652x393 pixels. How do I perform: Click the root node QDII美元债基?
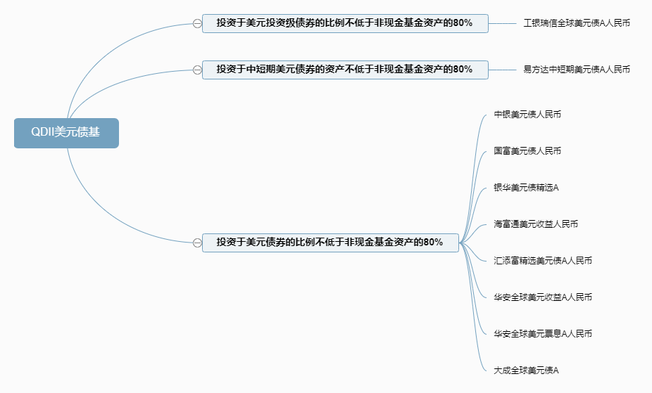pos(66,133)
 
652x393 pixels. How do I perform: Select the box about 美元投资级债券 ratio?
pos(345,23)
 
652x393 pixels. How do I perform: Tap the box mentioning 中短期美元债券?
pos(345,70)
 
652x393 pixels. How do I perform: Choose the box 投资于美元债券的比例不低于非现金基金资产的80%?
pos(330,243)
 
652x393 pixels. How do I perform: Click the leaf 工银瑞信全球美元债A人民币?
pos(577,23)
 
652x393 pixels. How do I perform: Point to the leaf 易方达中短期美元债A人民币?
pos(577,70)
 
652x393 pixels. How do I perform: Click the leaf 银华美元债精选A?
pos(526,188)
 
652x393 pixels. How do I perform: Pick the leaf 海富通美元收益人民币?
pos(536,224)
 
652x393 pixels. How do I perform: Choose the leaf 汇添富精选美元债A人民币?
pos(543,261)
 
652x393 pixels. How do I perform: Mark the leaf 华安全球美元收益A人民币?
pos(543,297)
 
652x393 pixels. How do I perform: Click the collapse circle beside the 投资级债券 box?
pos(197,23)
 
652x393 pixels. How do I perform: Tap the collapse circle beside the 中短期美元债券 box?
pos(197,70)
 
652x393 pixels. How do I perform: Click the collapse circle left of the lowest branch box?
pos(197,243)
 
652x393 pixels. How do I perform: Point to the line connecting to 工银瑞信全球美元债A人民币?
pos(503,23)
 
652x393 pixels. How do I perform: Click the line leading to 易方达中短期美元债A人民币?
pos(503,70)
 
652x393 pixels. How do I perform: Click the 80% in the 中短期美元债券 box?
pos(462,70)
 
